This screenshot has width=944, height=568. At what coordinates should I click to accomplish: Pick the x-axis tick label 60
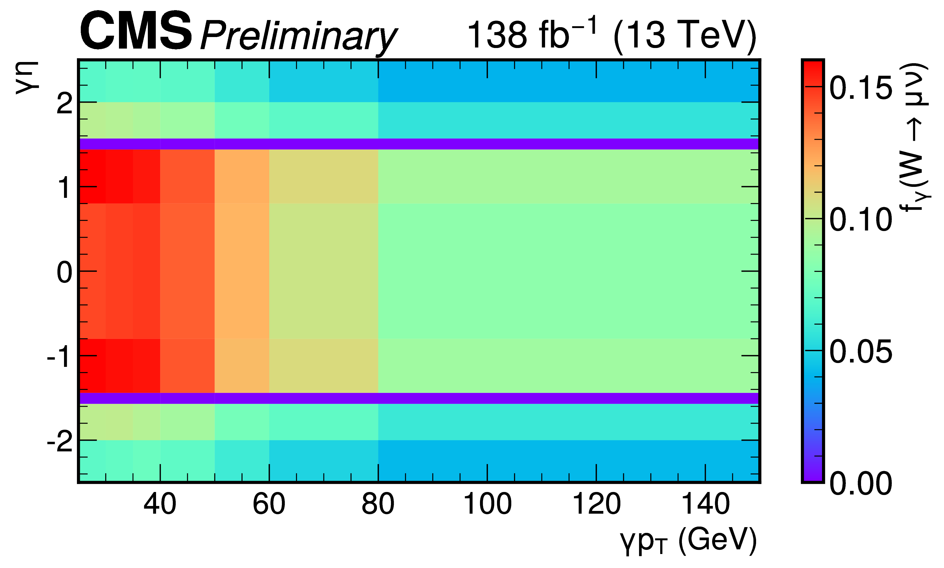click(x=269, y=504)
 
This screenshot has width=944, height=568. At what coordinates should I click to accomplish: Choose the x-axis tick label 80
click(x=378, y=504)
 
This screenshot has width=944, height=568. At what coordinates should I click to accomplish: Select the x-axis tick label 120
click(x=596, y=504)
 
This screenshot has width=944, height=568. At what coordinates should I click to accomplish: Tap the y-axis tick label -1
click(x=59, y=357)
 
